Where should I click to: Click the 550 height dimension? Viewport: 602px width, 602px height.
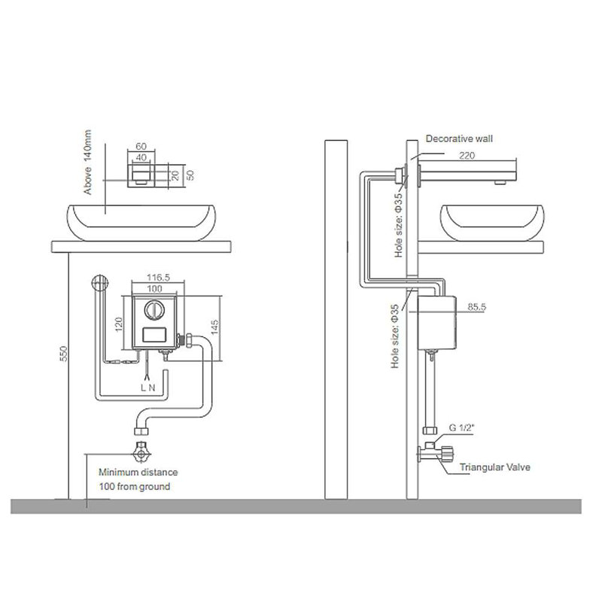point(64,354)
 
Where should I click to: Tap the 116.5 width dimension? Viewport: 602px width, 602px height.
point(158,277)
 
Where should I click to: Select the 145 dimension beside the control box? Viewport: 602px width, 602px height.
point(214,327)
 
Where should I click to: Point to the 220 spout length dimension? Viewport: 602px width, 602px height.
point(467,156)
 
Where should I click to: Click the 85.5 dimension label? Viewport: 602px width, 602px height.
point(477,307)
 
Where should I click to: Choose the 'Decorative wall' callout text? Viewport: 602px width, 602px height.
point(459,138)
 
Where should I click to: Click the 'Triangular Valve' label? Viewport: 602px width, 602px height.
point(495,467)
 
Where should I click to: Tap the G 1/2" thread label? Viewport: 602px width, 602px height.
point(461,427)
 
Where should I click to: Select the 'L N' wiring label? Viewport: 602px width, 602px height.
point(147,388)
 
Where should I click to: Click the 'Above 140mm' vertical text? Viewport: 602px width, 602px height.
point(87,162)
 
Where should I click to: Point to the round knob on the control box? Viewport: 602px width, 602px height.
point(154,310)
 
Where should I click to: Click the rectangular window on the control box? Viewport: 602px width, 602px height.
point(155,335)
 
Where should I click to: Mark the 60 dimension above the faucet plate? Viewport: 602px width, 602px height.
point(141,146)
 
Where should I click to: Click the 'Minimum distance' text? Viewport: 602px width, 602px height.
point(138,473)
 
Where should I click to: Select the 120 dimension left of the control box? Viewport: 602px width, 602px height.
point(118,324)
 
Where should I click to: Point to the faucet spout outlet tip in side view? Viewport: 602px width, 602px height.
point(500,183)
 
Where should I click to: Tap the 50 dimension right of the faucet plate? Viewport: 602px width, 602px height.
point(190,175)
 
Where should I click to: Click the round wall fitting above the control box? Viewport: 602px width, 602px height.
point(100,283)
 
